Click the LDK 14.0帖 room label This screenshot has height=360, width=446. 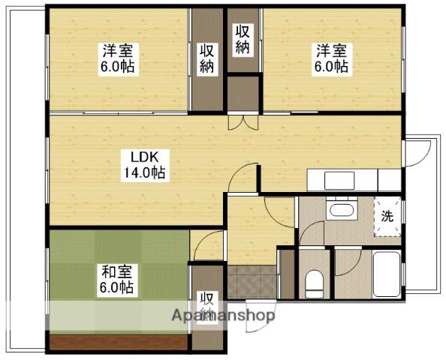click(x=146, y=166)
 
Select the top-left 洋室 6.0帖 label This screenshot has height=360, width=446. click(x=119, y=60)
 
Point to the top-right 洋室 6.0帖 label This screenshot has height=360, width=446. click(x=332, y=60)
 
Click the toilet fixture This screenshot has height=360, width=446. click(x=314, y=283)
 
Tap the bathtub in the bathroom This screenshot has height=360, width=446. click(x=387, y=274)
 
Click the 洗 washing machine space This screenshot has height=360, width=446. click(x=387, y=217)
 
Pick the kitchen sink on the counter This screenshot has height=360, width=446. click(x=339, y=181)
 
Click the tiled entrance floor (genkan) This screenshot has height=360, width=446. click(x=252, y=282)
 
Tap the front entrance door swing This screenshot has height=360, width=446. click(x=261, y=316)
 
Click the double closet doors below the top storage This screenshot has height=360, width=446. click(x=243, y=122)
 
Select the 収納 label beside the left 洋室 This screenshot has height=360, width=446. click(x=206, y=60)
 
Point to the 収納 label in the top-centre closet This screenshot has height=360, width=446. click(x=243, y=39)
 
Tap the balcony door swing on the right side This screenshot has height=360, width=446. click(x=417, y=152)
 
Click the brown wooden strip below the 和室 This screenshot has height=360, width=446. click(x=119, y=343)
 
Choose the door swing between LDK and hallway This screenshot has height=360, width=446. click(x=243, y=178)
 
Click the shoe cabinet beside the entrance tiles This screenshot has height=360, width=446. click(x=287, y=274)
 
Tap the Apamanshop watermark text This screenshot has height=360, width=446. click(x=223, y=316)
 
